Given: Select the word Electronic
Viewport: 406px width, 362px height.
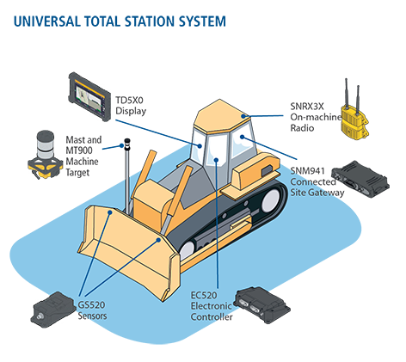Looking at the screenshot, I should click(209, 306).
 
